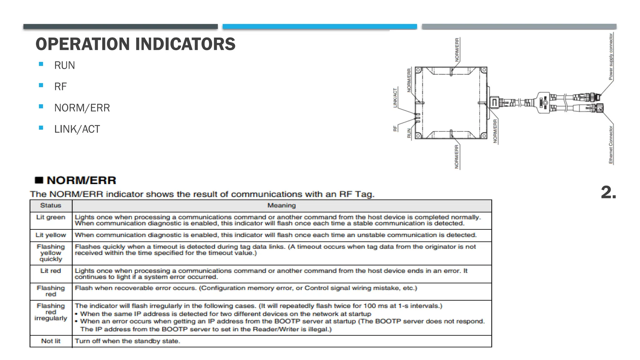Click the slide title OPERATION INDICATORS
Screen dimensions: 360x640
click(x=135, y=44)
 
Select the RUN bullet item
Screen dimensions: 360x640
click(x=64, y=65)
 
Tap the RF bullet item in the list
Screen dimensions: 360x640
click(x=60, y=87)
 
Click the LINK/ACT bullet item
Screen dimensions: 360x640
click(x=77, y=129)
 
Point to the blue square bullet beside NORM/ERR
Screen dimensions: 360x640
click(x=41, y=106)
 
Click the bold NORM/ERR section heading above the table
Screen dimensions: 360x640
click(x=81, y=180)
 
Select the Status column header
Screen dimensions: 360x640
click(x=51, y=206)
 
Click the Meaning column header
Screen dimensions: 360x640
click(x=281, y=206)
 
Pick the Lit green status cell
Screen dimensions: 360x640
click(x=51, y=217)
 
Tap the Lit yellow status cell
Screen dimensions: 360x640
click(x=51, y=235)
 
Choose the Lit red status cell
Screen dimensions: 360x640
click(x=51, y=271)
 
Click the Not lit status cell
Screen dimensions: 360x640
click(x=51, y=341)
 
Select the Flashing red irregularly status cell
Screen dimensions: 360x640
click(x=51, y=312)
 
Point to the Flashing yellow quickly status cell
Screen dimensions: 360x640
click(x=51, y=253)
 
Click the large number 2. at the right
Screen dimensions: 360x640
click(x=608, y=192)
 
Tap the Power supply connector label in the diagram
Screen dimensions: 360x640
click(x=611, y=57)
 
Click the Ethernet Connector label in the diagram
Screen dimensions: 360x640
click(x=611, y=144)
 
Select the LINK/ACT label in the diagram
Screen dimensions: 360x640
click(x=395, y=98)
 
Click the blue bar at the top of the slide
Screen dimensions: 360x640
click(x=320, y=27)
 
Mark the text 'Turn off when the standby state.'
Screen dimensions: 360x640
click(x=127, y=341)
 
